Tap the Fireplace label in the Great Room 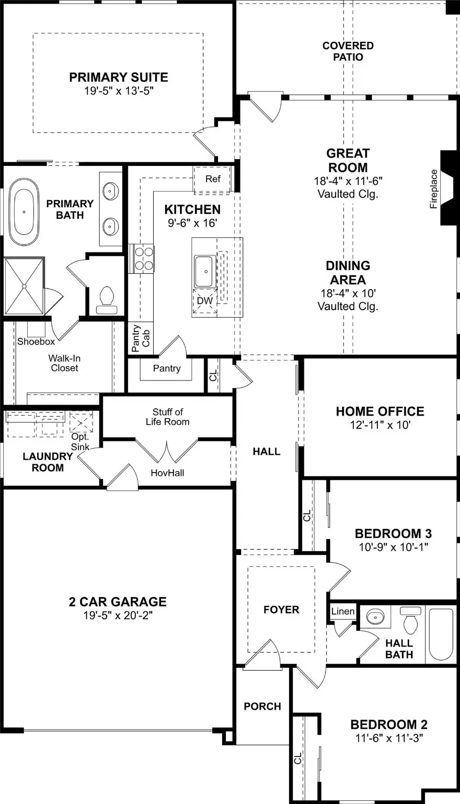coord(433,188)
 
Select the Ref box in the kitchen coord(212,179)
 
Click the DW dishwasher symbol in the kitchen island coord(205,301)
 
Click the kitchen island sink coord(205,271)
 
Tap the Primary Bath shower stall coord(24,286)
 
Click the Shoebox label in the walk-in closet coord(36,342)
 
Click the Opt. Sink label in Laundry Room coord(80,442)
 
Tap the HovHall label coord(167,473)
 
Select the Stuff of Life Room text coord(168,417)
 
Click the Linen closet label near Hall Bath coord(343,611)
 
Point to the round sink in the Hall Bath coord(375,618)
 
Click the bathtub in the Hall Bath coord(441,634)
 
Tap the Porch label coord(262,706)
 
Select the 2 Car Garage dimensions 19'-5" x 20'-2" coord(118,616)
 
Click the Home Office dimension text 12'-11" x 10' coord(380,425)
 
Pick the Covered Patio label coord(348,51)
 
